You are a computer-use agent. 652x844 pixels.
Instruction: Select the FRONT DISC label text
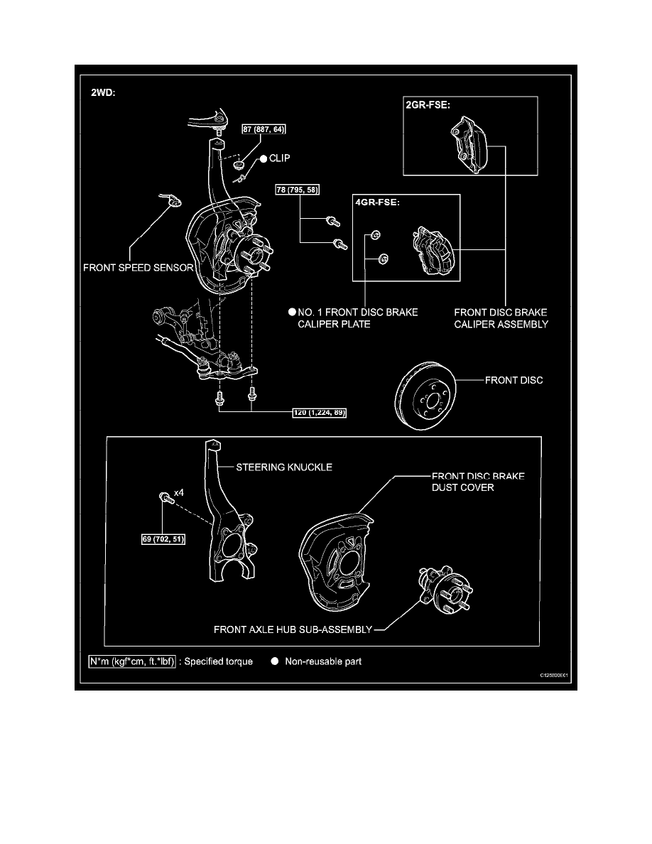pos(514,380)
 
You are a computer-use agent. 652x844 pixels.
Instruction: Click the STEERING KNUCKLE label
pos(284,467)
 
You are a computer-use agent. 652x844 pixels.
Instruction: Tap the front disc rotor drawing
pos(424,397)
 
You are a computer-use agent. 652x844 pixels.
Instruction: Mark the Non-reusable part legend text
pos(323,661)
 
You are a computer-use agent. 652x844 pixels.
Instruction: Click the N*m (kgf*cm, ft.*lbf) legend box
pos(132,661)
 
